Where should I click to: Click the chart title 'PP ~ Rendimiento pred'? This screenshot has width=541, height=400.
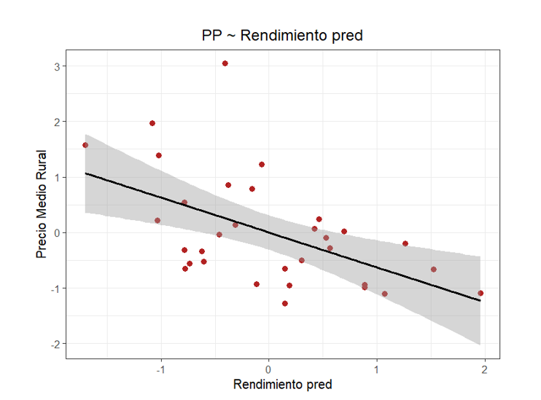click(x=282, y=36)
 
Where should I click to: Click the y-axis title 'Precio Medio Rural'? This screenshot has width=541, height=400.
click(x=42, y=205)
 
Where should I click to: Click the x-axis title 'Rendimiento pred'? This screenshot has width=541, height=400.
click(x=282, y=384)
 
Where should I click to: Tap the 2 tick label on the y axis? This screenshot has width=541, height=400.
click(x=57, y=122)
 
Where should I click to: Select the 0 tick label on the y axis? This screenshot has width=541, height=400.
click(x=57, y=232)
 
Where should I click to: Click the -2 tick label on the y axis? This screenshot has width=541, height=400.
click(x=55, y=343)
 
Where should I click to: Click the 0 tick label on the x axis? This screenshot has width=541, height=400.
click(x=268, y=369)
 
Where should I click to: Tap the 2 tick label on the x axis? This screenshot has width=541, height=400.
click(x=485, y=369)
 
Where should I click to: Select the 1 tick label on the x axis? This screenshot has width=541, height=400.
click(x=376, y=369)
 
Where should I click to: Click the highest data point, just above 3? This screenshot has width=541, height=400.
click(x=225, y=63)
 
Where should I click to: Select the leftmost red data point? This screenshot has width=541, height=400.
click(x=85, y=145)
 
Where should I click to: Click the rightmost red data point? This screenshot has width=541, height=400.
click(x=480, y=293)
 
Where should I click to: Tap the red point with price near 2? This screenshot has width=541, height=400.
click(x=152, y=123)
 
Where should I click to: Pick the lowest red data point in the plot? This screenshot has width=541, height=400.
click(x=285, y=303)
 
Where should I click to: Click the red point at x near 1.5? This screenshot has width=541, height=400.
click(x=434, y=270)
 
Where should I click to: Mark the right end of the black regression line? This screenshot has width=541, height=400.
click(x=480, y=300)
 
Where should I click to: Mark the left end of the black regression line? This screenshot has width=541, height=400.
click(x=85, y=173)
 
